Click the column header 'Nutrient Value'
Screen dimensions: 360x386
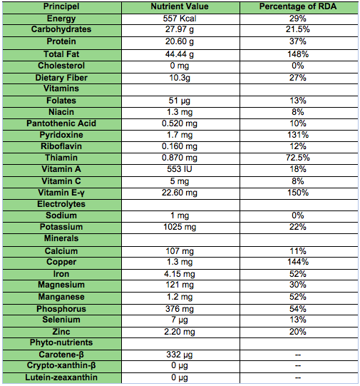tap(180, 6)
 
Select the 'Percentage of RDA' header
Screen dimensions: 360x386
tap(298, 6)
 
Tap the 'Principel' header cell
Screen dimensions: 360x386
tap(61, 6)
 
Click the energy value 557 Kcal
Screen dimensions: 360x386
tap(180, 19)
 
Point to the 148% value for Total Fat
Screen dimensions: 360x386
tap(298, 54)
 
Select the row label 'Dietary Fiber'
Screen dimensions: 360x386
tap(61, 78)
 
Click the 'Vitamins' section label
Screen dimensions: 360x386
tap(61, 88)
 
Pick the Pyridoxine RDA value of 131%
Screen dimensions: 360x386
tap(298, 135)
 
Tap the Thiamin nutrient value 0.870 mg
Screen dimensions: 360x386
tap(180, 158)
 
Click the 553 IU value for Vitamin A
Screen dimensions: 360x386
tap(180, 169)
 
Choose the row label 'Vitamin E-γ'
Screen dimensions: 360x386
tap(61, 193)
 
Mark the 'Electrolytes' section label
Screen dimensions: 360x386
tap(61, 204)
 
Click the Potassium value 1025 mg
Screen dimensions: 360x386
tap(180, 227)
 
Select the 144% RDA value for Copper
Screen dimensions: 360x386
tap(298, 262)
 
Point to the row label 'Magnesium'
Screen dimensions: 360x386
tap(61, 285)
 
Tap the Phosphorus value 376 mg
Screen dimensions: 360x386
tap(180, 309)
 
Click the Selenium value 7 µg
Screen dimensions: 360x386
tap(180, 320)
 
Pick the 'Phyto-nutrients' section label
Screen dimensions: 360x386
tap(61, 342)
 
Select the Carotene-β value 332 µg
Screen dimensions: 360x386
tap(180, 355)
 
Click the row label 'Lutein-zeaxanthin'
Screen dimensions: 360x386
tap(61, 377)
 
